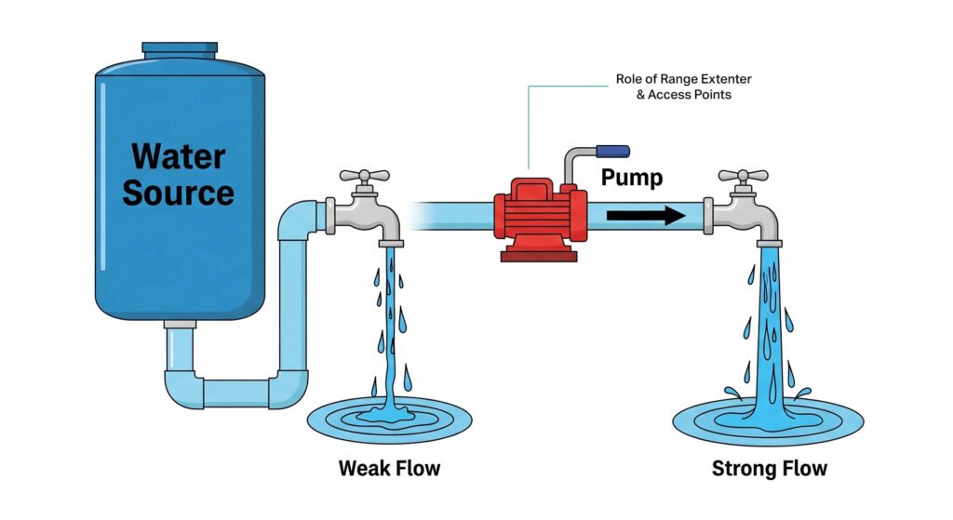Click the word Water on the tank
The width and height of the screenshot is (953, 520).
pos(178,154)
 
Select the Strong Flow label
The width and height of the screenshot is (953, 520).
pos(769,468)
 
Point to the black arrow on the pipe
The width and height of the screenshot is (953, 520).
pos(645,216)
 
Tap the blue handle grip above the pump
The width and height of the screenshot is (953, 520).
pos(613,151)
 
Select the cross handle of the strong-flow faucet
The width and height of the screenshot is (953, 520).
pos(743,175)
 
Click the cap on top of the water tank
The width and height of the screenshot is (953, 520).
pos(180,47)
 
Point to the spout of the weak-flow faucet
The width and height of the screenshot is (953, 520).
pos(391,233)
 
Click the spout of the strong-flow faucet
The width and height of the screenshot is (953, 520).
pos(771,233)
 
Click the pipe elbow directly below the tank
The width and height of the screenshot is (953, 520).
pos(182,387)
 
